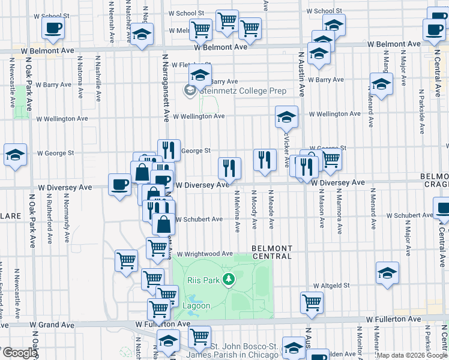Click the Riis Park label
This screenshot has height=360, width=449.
pos(203,279)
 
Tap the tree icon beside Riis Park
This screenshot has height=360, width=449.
pos(228,279)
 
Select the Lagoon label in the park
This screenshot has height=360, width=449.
pos(196,305)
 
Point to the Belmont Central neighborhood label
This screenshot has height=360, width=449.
pos(272,252)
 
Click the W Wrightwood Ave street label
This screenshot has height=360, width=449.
pos(204,254)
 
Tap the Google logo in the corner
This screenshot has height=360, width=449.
pos(20,353)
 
